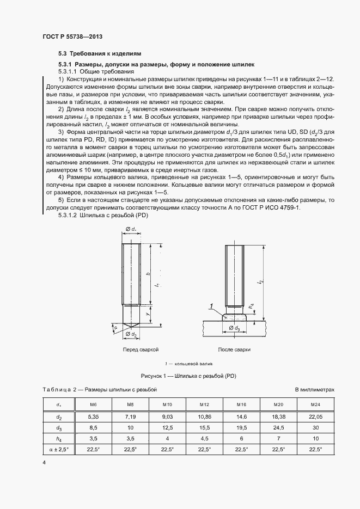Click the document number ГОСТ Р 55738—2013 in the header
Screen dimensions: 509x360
(72, 36)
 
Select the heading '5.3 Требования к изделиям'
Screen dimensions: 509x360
(100, 54)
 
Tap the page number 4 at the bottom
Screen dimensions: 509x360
(44, 462)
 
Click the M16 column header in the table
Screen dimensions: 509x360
(241, 405)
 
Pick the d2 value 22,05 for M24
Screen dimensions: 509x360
(315, 416)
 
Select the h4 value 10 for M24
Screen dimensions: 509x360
(315, 438)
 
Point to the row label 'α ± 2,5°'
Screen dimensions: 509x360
(58, 449)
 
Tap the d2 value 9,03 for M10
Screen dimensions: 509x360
(167, 416)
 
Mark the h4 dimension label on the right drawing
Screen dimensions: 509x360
(251, 307)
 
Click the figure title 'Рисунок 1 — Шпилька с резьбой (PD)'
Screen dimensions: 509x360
(188, 376)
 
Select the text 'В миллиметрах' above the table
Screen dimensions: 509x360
(314, 390)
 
